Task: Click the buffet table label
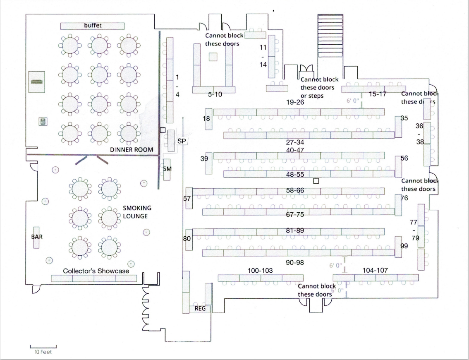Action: (93, 25)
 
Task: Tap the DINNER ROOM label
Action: (132, 150)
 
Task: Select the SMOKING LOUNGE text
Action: (137, 212)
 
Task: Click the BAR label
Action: (37, 237)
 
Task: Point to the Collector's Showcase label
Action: (96, 271)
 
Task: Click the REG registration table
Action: (200, 309)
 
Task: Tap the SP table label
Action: (182, 141)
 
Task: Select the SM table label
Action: (167, 169)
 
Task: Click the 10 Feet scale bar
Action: (43, 347)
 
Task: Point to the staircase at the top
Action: (330, 36)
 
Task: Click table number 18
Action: (206, 118)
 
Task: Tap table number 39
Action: (204, 158)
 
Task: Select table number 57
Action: (187, 198)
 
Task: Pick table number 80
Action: (187, 238)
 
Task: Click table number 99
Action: (404, 246)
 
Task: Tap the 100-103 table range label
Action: (260, 271)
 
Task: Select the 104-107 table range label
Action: (375, 270)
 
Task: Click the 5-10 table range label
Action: (215, 95)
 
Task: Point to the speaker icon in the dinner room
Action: (43, 122)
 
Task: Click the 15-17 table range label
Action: (378, 94)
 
